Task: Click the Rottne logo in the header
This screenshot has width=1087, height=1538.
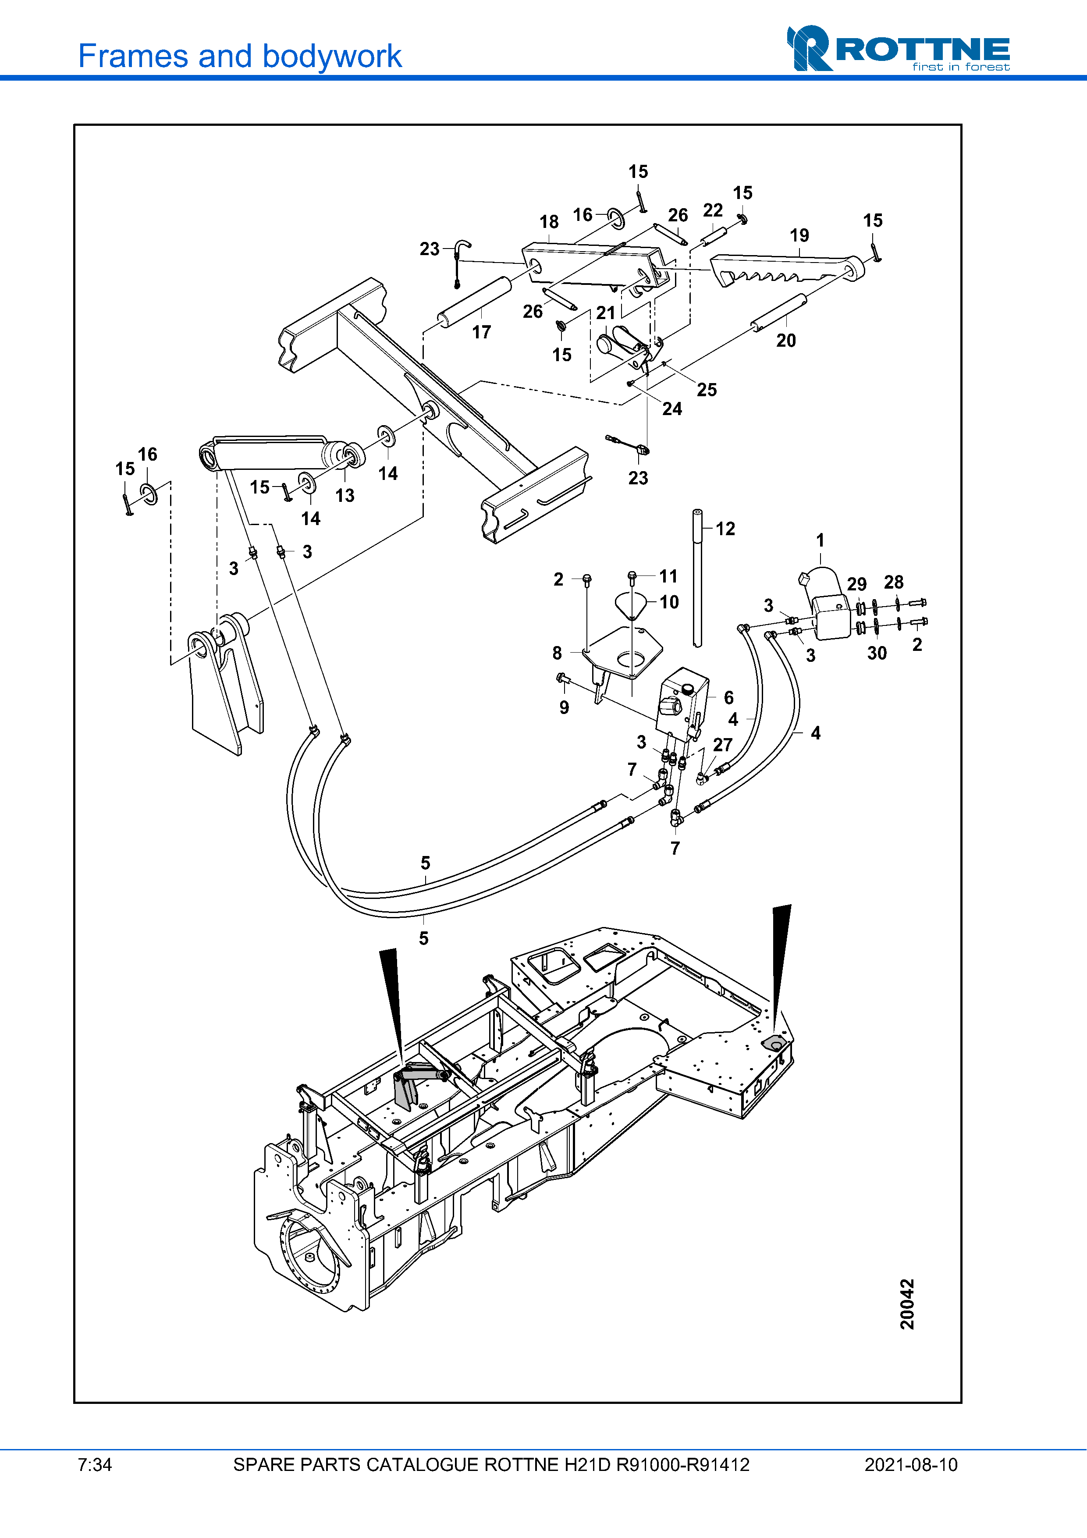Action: [x=898, y=48]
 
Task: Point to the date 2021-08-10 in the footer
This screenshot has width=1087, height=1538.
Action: [x=911, y=1464]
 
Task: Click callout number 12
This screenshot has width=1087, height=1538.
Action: [x=725, y=529]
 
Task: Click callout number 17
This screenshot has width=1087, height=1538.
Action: [x=482, y=332]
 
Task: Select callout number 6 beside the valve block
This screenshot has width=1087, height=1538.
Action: [x=729, y=697]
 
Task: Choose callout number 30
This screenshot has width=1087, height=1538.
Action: [x=877, y=653]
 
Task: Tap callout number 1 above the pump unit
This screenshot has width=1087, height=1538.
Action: [x=821, y=540]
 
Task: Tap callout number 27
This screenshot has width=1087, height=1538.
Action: [x=723, y=744]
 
